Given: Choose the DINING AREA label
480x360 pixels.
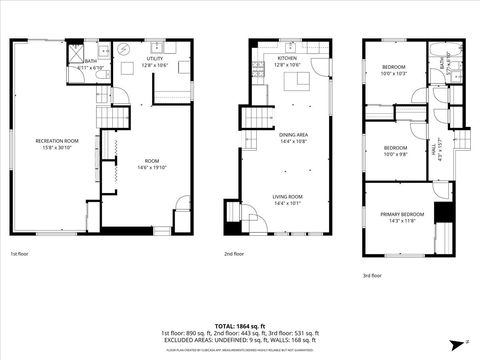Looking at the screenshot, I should point(293,137).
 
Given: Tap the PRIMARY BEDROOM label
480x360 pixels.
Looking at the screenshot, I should point(401,217).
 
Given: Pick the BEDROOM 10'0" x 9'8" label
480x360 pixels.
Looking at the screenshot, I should point(396,151).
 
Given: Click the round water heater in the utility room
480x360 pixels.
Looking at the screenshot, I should point(122,48).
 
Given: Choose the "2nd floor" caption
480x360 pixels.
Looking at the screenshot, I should point(235,255).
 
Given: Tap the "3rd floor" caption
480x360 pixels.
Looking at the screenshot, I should point(372,276).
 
